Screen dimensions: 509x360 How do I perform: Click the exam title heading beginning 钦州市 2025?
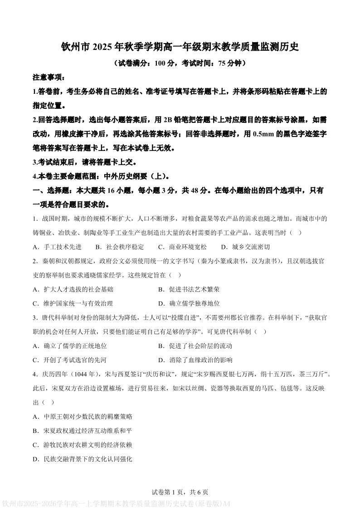(180, 47)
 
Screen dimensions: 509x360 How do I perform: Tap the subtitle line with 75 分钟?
(180, 63)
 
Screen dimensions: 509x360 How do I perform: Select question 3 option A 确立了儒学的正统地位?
(70, 346)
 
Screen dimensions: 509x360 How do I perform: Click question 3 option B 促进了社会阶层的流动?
(195, 346)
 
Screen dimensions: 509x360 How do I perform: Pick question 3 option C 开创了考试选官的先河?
(70, 360)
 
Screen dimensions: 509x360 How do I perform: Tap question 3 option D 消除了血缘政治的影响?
(195, 360)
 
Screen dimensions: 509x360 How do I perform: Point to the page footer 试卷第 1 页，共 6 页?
(180, 492)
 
